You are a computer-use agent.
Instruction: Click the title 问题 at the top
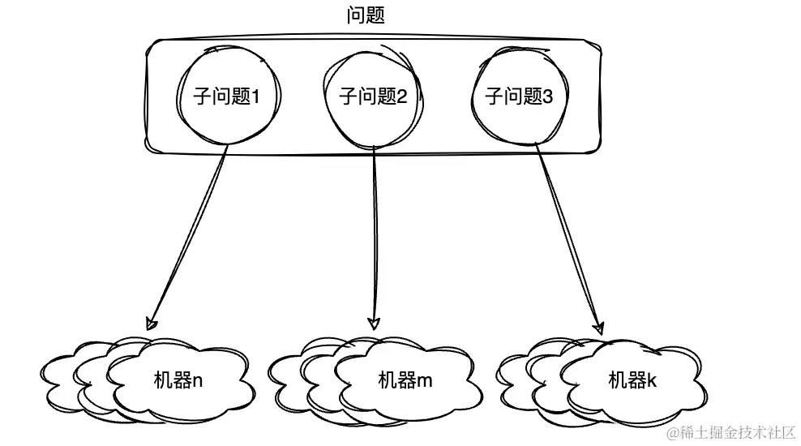[x=365, y=15]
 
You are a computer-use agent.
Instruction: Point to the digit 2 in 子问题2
[x=401, y=97]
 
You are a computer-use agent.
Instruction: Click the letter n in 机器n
[x=198, y=380]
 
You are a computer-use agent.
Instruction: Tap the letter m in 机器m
[x=426, y=380]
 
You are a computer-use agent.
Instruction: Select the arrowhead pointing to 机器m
[x=374, y=321]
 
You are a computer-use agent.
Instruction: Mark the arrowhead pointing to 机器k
[x=598, y=328]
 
